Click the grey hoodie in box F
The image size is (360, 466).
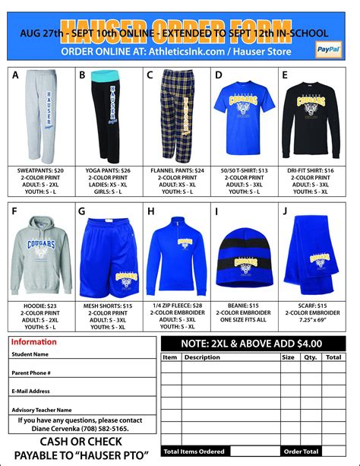point(42,254)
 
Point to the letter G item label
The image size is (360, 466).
point(82,211)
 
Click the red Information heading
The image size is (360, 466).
point(33,342)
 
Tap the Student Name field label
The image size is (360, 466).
point(30,354)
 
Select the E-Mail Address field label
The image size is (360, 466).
point(31,391)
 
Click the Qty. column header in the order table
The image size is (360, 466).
point(310,357)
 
